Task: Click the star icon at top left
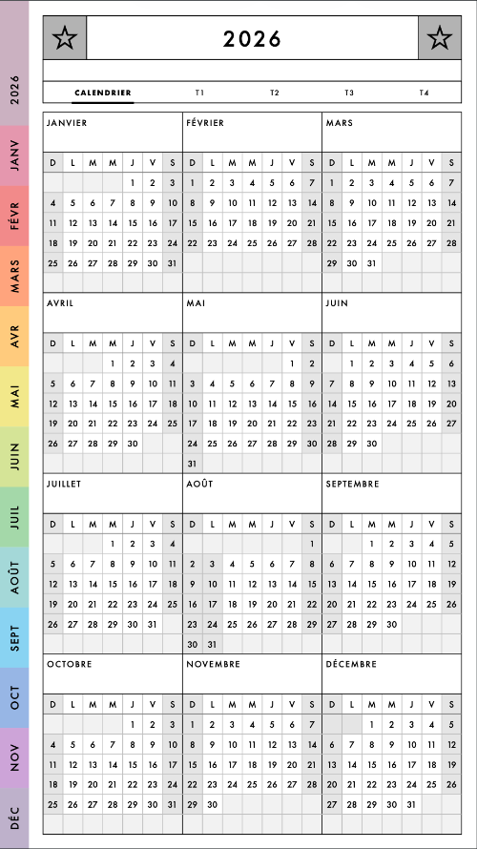(65, 38)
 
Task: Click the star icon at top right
(439, 38)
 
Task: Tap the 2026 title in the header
(253, 39)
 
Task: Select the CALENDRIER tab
(103, 93)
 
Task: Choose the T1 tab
(199, 93)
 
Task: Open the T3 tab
(349, 93)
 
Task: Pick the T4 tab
(424, 93)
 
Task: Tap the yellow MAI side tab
(14, 395)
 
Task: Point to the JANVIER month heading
(67, 123)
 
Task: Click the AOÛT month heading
(200, 484)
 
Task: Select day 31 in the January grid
(172, 263)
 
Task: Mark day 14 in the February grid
(312, 202)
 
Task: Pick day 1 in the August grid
(312, 543)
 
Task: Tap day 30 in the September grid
(391, 624)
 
